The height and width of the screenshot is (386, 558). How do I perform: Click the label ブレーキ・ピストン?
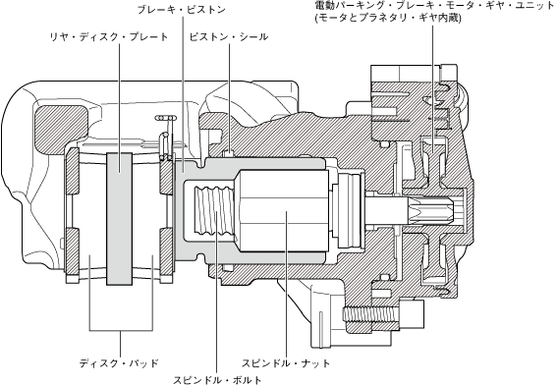(182, 10)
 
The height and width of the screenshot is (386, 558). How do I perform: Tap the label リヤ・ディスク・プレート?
(109, 36)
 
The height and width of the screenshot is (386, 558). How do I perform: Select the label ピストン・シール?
(229, 36)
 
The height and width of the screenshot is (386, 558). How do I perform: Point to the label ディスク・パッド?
(119, 363)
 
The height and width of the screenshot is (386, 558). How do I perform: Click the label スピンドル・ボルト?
(217, 379)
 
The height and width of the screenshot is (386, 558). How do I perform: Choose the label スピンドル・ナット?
(286, 363)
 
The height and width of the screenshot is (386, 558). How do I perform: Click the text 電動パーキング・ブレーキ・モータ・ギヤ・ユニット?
(434, 6)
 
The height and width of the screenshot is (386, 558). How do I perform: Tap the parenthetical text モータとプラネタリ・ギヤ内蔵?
(388, 18)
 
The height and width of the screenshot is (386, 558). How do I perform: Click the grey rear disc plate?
(119, 219)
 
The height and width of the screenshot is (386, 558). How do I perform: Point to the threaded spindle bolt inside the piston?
(213, 212)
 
